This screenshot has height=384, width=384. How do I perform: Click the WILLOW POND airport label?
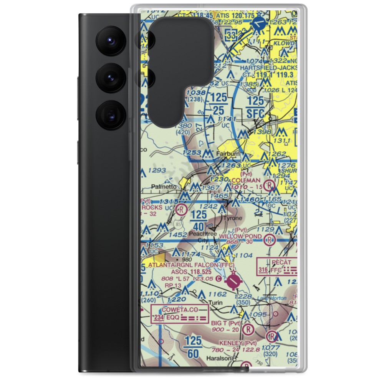coord(246,236)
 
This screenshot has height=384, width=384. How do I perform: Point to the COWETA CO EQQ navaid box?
coord(180,314)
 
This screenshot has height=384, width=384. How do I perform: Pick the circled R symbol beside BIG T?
coord(248,329)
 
